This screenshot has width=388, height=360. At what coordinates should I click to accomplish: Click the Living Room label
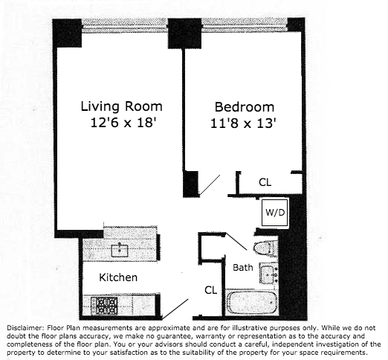[121, 106]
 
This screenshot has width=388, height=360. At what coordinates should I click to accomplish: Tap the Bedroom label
[244, 106]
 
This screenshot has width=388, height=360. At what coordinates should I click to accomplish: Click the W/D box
[274, 211]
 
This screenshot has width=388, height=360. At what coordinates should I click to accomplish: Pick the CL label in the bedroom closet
[265, 181]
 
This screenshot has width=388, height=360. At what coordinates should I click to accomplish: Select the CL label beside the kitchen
[210, 289]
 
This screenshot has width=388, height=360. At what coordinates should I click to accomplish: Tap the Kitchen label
[120, 277]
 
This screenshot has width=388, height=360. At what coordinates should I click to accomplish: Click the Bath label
[242, 267]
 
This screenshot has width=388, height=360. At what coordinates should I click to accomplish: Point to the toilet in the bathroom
[265, 248]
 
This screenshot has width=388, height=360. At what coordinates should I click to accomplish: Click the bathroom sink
[268, 274]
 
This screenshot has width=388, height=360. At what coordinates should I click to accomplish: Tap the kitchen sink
[118, 249]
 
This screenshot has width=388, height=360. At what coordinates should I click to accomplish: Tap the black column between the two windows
[184, 33]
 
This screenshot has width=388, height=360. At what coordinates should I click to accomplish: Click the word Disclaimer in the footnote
[28, 327]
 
